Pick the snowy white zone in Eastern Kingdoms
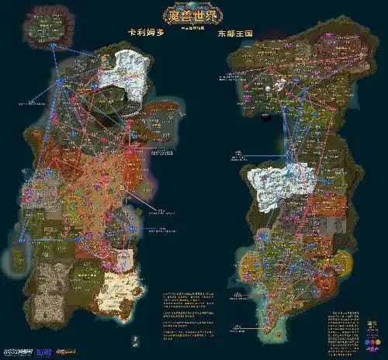click(x=283, y=185)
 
